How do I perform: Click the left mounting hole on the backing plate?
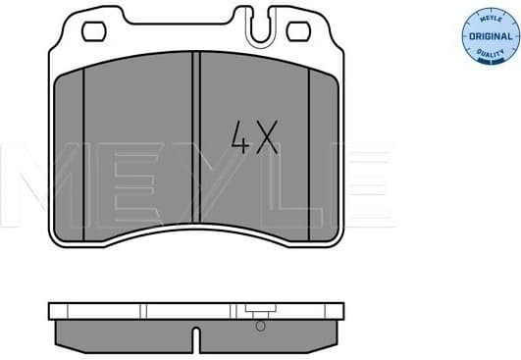93,31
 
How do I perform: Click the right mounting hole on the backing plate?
297,31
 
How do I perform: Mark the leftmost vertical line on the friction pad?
83,147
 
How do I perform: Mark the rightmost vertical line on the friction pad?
310,147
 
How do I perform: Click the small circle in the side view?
260,327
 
